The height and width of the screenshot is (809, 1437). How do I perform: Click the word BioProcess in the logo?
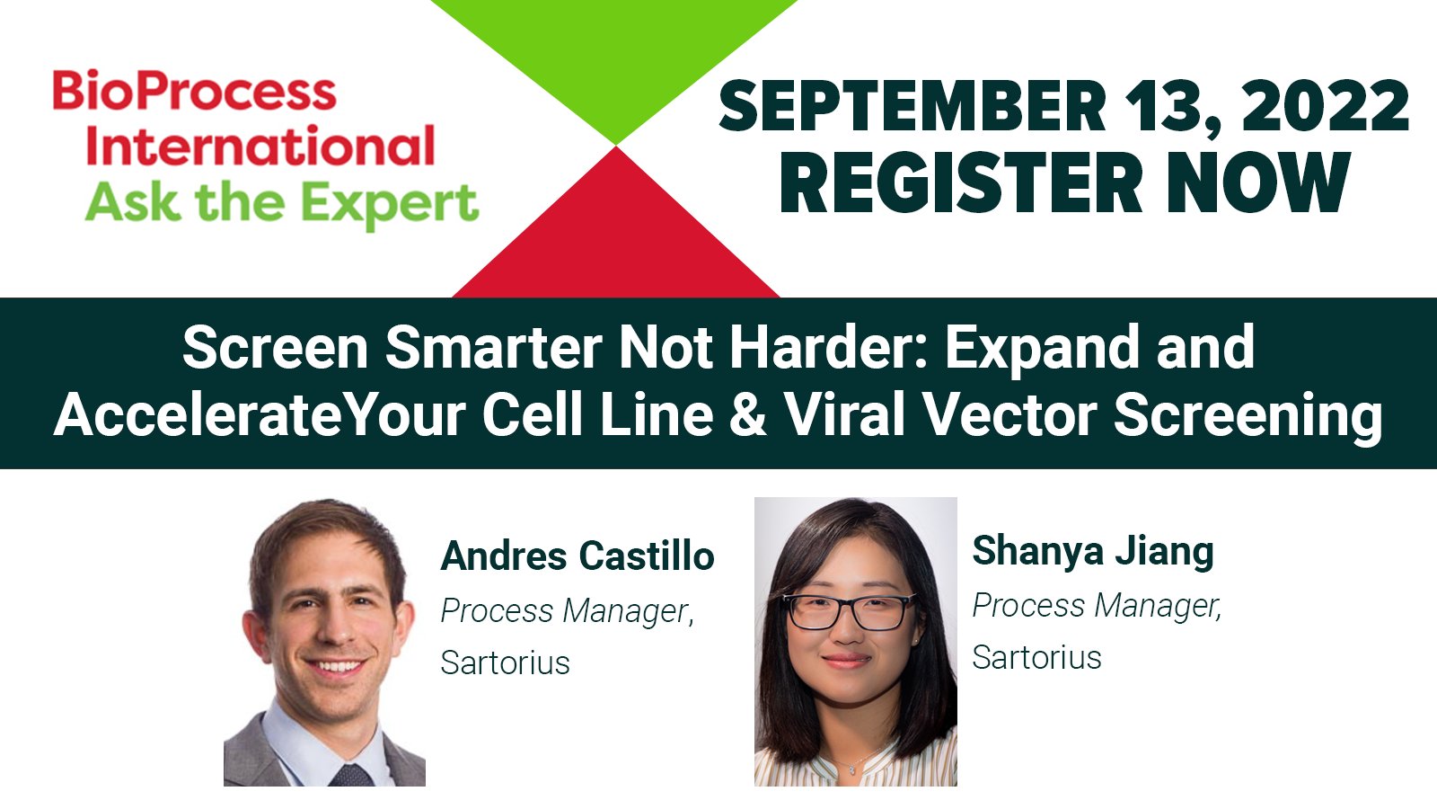pyautogui.click(x=194, y=92)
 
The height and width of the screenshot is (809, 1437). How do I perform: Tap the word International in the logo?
pyautogui.click(x=260, y=147)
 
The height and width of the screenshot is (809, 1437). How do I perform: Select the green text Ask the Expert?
pyautogui.click(x=282, y=203)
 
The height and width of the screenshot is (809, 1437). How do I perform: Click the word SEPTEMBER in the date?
pyautogui.click(x=912, y=107)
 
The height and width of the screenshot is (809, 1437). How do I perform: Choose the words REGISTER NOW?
pyautogui.click(x=1064, y=183)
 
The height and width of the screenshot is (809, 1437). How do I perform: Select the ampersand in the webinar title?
pyautogui.click(x=748, y=415)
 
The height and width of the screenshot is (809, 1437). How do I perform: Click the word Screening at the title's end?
pyautogui.click(x=1247, y=415)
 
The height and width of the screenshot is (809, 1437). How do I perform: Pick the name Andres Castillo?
pyautogui.click(x=577, y=556)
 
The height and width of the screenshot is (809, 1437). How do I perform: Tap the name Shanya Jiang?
pyautogui.click(x=1092, y=550)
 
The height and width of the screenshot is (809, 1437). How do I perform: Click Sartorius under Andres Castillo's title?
pyautogui.click(x=505, y=662)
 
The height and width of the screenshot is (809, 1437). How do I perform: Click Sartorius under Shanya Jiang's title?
pyautogui.click(x=1036, y=657)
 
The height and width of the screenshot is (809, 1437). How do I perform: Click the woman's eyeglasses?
pyautogui.click(x=849, y=612)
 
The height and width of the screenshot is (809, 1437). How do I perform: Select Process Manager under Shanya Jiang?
pyautogui.click(x=1097, y=606)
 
